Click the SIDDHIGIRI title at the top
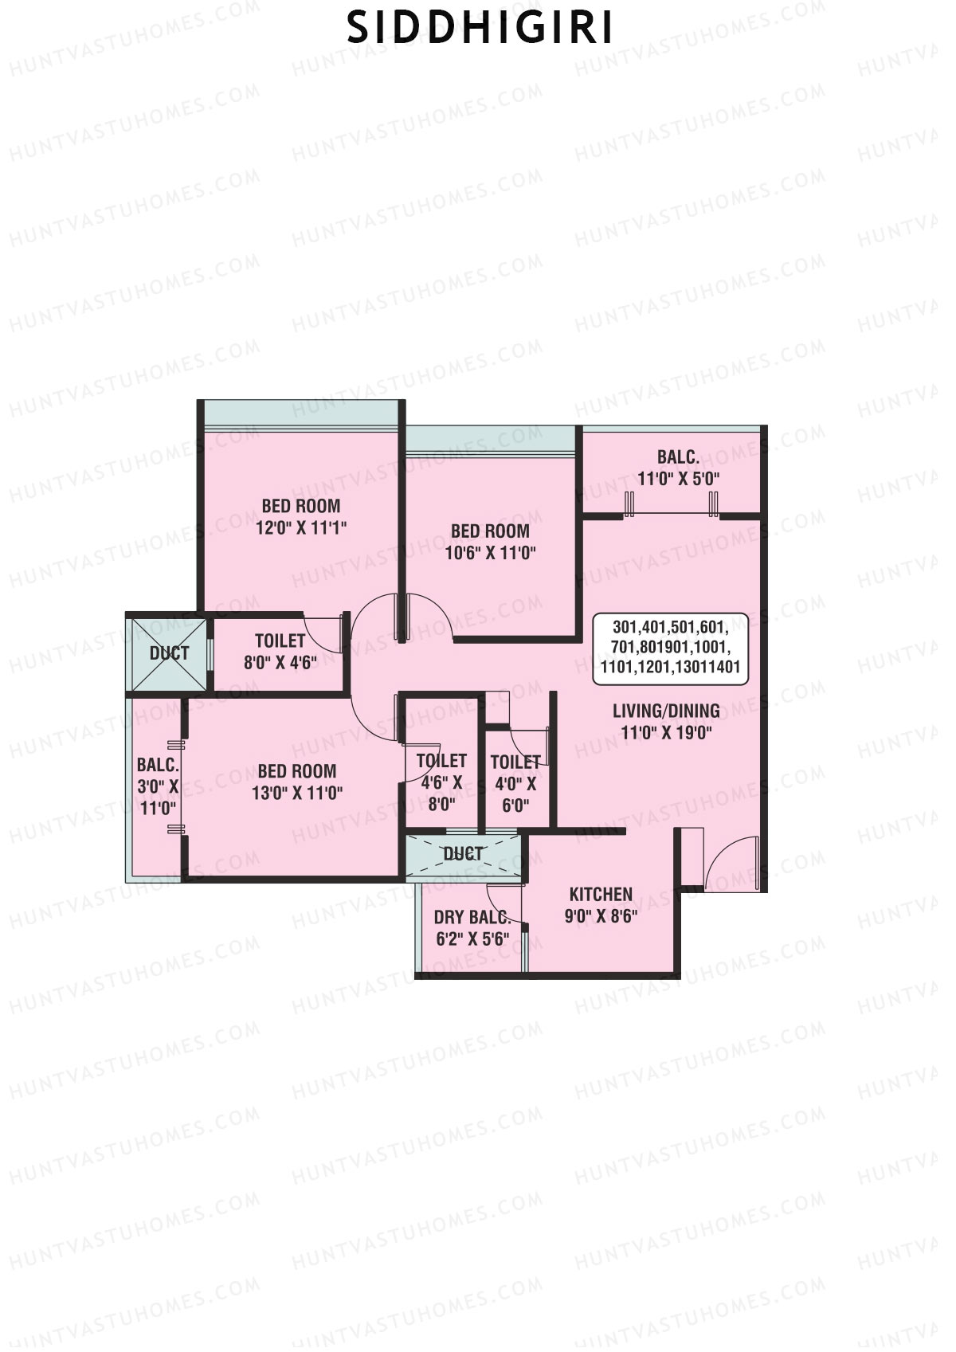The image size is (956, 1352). pyautogui.click(x=480, y=29)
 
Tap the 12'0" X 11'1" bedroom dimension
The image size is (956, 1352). pyautogui.click(x=301, y=527)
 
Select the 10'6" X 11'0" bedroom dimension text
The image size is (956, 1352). pyautogui.click(x=490, y=553)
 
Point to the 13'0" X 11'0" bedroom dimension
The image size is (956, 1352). pyautogui.click(x=297, y=793)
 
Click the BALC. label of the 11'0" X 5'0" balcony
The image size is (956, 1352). pyautogui.click(x=678, y=457)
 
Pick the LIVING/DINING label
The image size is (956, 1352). pyautogui.click(x=666, y=711)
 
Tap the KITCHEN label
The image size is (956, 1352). pyautogui.click(x=601, y=895)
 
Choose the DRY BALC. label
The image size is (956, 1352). pyautogui.click(x=472, y=917)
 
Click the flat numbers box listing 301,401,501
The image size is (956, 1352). pyautogui.click(x=670, y=648)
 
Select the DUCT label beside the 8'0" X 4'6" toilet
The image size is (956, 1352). pyautogui.click(x=169, y=653)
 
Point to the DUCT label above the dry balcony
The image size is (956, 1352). pyautogui.click(x=463, y=854)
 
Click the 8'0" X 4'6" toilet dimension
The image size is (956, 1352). pyautogui.click(x=280, y=662)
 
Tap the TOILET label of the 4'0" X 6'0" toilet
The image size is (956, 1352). pyautogui.click(x=515, y=762)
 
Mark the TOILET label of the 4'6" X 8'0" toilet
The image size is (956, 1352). pyautogui.click(x=441, y=761)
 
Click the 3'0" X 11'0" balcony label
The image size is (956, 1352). pyautogui.click(x=158, y=787)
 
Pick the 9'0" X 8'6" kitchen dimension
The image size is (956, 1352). pyautogui.click(x=601, y=916)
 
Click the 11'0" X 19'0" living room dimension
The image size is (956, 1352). pyautogui.click(x=666, y=733)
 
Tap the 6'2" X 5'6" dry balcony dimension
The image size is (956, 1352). pyautogui.click(x=472, y=939)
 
